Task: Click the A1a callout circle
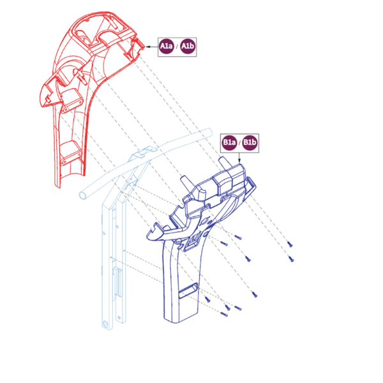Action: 167,46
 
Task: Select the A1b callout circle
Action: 188,46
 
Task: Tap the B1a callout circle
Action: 229,142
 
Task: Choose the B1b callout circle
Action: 250,142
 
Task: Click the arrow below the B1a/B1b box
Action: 239,158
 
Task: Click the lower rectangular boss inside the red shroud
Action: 71,153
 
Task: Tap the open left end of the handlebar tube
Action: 83,195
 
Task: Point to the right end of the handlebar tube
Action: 209,131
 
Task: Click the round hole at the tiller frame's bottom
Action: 106,324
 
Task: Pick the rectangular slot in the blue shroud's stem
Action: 188,290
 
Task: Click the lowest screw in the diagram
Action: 224,314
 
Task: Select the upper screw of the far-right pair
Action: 290,244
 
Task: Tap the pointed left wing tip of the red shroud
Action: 41,105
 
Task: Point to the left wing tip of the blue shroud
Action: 148,236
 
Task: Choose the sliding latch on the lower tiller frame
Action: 117,283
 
